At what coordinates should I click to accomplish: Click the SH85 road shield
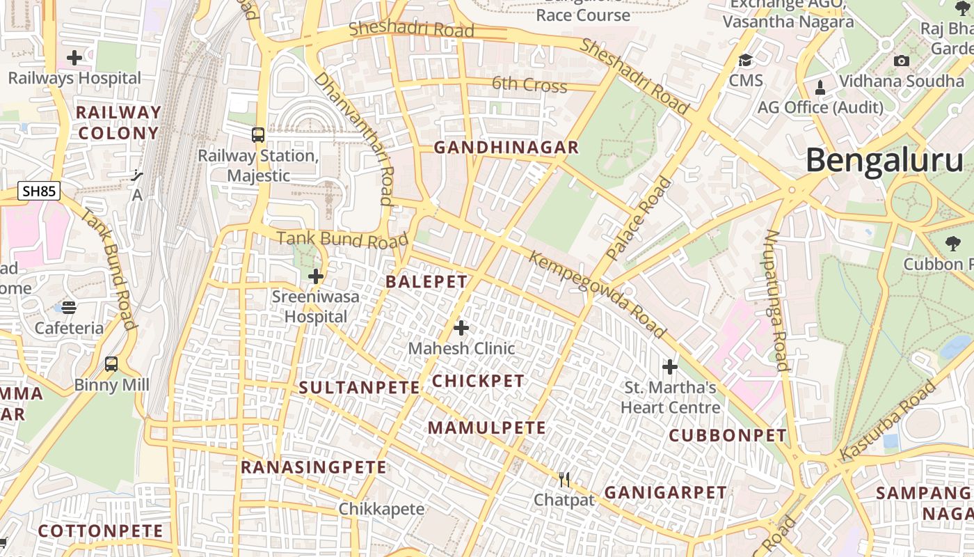pos(39,191)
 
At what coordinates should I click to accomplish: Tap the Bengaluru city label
pos(885,161)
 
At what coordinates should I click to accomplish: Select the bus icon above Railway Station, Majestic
pos(258,134)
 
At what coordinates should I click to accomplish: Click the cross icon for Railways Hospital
pos(74,58)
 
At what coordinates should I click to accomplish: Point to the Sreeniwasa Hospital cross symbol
pos(316,276)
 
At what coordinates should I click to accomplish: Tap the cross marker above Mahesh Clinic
pos(461,327)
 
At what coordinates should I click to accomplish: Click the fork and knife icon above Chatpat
pos(564,479)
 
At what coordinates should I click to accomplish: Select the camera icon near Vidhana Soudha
pos(901,61)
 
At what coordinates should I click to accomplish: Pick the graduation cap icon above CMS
pos(746,61)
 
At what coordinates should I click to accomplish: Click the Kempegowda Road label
pos(597,295)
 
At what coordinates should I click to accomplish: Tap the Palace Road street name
pos(639,219)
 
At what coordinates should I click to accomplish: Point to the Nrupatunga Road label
pos(776,299)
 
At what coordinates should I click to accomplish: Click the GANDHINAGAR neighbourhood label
pos(506,148)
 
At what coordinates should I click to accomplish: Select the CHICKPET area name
pos(478,381)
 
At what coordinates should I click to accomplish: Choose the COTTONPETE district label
pos(101,531)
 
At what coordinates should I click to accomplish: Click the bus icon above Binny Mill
pos(111,363)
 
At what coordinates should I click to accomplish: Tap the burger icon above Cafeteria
pos(68,307)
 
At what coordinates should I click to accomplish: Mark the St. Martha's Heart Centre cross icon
pos(670,366)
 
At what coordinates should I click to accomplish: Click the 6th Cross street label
pos(529,85)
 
